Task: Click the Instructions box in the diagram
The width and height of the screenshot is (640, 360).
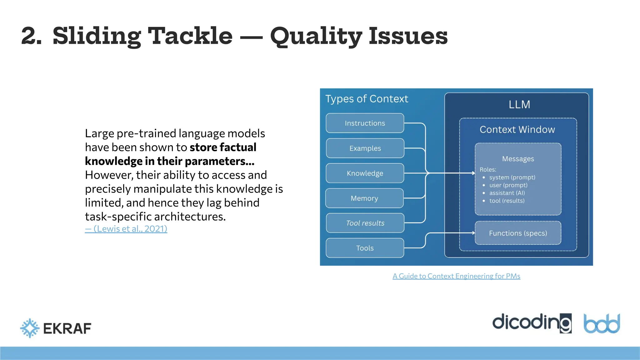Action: click(365, 123)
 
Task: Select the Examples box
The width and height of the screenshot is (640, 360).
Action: click(365, 148)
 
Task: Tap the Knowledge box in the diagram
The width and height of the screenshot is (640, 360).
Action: click(365, 173)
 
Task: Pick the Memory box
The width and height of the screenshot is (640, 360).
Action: click(364, 198)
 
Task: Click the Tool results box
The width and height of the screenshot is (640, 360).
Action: click(365, 223)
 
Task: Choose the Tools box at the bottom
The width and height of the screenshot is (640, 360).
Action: click(365, 248)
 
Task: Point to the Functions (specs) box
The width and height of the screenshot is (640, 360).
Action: click(518, 233)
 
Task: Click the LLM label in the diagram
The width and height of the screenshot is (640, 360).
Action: click(519, 104)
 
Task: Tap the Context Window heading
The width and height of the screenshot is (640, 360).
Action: click(517, 129)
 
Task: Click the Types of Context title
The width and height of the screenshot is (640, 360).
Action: click(367, 99)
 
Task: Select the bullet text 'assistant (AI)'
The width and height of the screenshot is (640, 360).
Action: click(507, 193)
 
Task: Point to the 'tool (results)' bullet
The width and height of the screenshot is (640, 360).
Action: click(507, 201)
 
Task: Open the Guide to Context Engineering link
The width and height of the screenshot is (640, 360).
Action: click(456, 276)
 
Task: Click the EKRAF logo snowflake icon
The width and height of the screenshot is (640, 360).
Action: click(30, 328)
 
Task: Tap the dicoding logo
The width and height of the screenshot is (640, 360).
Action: click(532, 323)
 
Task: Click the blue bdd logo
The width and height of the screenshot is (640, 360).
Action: click(602, 324)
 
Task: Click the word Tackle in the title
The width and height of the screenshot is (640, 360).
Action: click(190, 36)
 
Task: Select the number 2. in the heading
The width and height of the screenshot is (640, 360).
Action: click(32, 36)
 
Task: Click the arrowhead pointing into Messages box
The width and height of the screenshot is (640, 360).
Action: click(473, 173)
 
